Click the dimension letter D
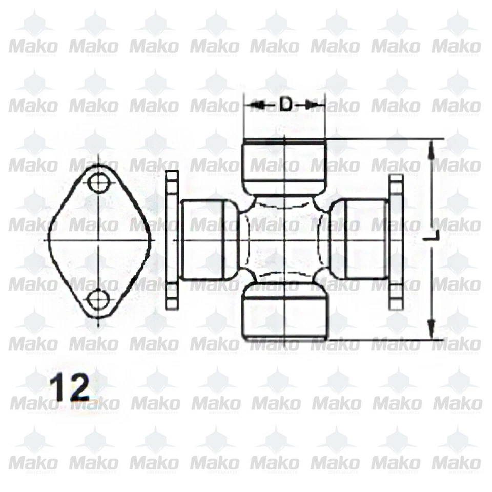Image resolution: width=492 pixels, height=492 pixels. point(285,105)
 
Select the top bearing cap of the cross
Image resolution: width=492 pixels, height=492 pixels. point(284,167)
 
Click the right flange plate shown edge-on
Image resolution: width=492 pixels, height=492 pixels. point(396,240)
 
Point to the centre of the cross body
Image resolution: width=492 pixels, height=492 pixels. point(284,240)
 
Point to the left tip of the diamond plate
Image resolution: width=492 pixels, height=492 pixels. point(49,240)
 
